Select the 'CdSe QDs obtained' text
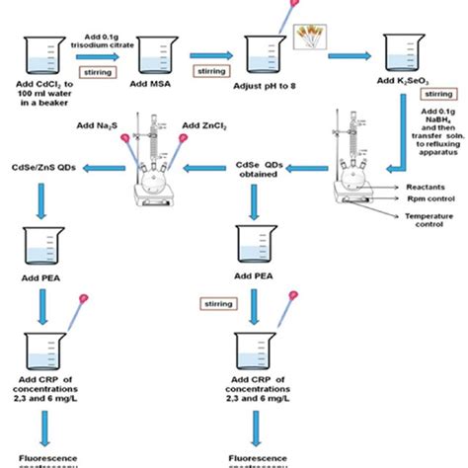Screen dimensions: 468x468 pos(263,171)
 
